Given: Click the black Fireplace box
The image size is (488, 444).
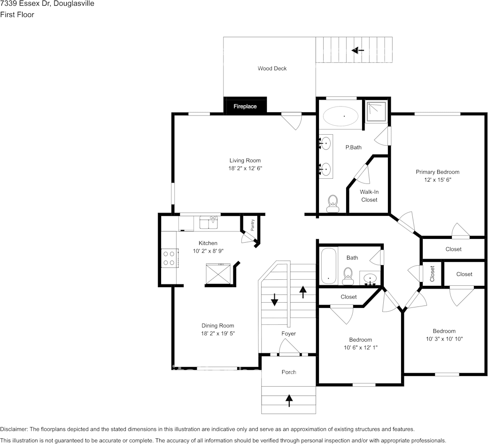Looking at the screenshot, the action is coord(245,106).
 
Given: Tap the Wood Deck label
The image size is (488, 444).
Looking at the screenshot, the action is coord(272,69).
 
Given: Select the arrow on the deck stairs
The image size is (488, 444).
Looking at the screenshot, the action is coord(357,50).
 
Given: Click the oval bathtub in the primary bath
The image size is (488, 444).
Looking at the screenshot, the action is coord(341,116).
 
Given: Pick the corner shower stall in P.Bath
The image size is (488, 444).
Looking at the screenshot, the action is coord(376,111).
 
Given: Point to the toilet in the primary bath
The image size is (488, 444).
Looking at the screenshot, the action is coord(333,204).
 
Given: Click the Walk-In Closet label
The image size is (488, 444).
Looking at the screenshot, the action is coord(369,196).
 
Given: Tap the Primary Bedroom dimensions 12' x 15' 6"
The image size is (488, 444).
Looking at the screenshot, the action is coord(438,180).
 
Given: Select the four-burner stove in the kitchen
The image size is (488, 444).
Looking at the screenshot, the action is coord(169,258).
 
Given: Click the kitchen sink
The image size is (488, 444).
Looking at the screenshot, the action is coord(209,222).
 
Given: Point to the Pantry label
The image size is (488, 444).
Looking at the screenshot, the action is coord(252,225).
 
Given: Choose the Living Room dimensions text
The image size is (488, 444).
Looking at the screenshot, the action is coord(245,168).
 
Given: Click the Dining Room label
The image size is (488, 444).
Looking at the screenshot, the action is coord(217,326).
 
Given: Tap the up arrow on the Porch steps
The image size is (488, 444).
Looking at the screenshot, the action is coord(289,400).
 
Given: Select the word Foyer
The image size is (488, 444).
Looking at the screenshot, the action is coord(288,334).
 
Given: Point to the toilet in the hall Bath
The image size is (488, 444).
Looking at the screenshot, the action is coord(348,276).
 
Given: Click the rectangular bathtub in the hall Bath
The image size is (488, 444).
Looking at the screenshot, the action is coord(328,266).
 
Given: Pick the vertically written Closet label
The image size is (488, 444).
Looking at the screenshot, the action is coord(432,274).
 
